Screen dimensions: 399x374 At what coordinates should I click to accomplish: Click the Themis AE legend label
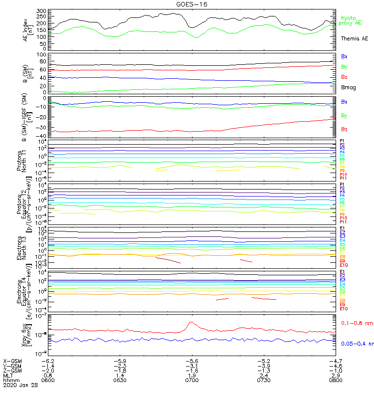(355, 38)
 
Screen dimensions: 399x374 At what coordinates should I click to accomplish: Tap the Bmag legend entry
(348, 88)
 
